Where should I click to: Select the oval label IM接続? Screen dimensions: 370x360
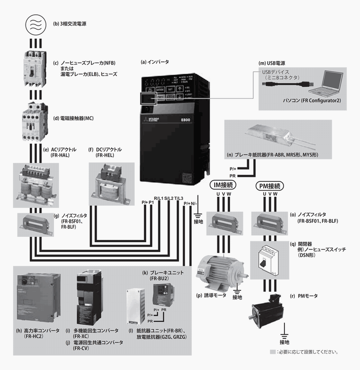[224, 185]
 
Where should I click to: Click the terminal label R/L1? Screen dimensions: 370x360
[159, 198]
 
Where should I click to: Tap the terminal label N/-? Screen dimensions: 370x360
[194, 203]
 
